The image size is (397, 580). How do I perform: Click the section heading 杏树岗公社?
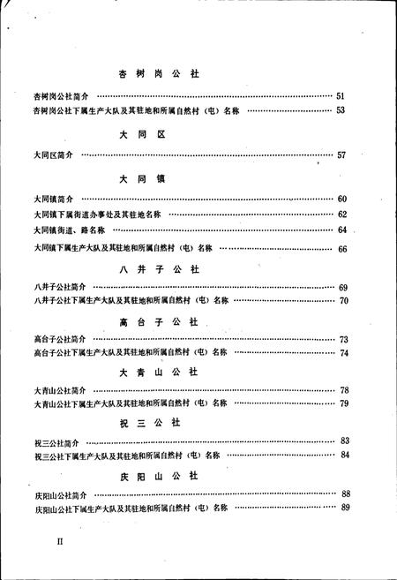coord(160,74)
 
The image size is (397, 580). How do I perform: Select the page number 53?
coord(342,110)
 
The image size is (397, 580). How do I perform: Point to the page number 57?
coord(342,155)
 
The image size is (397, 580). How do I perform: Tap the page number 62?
coord(342,215)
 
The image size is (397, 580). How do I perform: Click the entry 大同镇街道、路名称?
coord(63,230)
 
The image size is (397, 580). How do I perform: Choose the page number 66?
coord(343,249)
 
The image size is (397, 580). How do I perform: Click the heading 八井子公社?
coord(160,270)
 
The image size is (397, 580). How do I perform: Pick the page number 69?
coord(343,288)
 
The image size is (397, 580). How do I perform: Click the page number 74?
coord(344,353)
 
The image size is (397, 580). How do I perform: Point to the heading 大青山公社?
coord(160,372)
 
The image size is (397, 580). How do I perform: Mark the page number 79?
coord(344,404)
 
